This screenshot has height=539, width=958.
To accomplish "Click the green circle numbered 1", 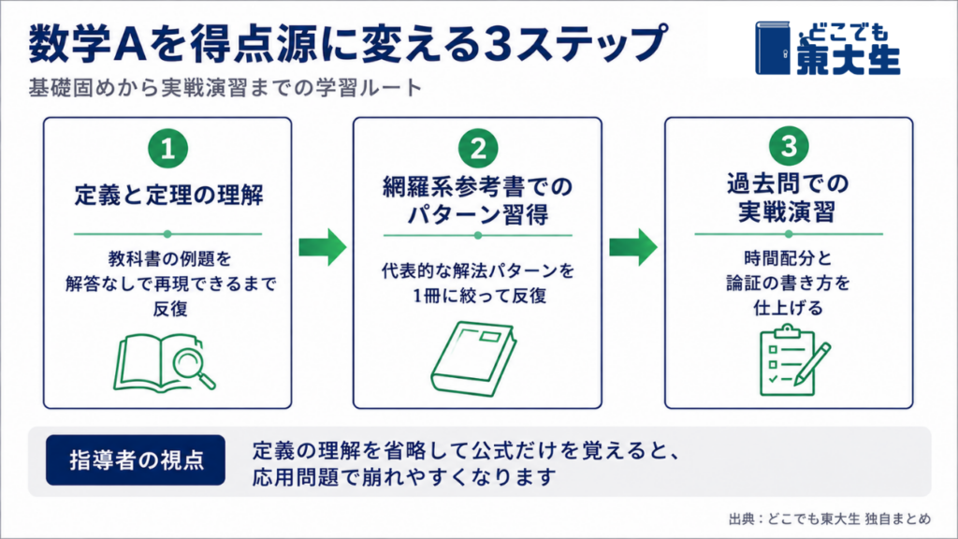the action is [x=167, y=149].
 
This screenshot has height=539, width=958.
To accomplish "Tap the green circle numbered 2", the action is [x=478, y=148].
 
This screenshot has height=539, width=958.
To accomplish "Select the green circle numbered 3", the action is [x=789, y=146].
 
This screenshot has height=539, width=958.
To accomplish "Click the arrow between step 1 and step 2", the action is [x=323, y=247].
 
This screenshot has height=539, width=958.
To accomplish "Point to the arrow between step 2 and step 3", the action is [x=633, y=247].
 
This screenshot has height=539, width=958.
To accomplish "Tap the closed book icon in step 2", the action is [x=473, y=359].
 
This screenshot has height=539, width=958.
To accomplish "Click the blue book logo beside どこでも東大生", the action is [x=773, y=49].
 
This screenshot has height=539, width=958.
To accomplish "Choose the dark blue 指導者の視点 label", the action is [x=136, y=460].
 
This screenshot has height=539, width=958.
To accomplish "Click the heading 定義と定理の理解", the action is [x=168, y=196].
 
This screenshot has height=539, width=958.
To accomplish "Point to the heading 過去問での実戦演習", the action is [x=788, y=197].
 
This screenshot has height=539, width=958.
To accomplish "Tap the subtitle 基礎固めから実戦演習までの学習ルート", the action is [x=225, y=88].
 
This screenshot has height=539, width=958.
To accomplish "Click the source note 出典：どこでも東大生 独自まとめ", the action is [x=830, y=518].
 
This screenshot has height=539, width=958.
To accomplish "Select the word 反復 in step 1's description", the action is [x=170, y=309].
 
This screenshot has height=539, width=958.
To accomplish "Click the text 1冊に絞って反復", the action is [x=479, y=296].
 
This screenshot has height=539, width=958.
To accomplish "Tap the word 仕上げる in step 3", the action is [x=788, y=307].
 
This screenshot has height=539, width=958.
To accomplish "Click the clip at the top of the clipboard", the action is [x=788, y=331].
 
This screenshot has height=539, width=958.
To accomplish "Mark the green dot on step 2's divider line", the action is [x=478, y=235].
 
